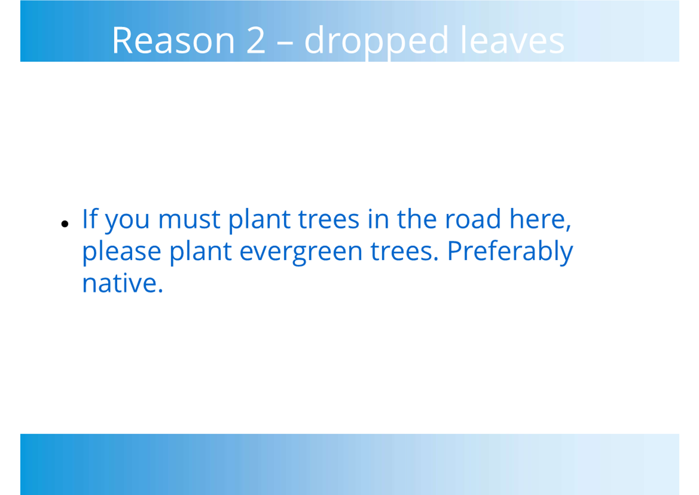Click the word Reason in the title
173,40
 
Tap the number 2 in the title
256,40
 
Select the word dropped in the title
376,42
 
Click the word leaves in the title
513,39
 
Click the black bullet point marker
64,224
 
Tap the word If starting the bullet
90,219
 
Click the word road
473,219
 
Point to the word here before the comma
537,219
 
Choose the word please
122,253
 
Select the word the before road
417,219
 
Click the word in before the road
378,219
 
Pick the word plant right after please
201,253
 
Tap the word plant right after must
259,221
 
